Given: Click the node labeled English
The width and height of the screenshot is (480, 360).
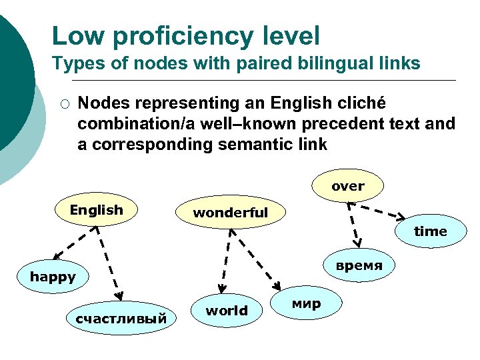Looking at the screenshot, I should tap(97, 211).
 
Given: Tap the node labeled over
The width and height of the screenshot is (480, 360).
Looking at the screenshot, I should tap(348, 187).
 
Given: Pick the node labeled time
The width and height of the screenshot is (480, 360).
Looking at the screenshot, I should tap(431, 231).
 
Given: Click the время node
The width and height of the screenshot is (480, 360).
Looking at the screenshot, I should tap(359, 265).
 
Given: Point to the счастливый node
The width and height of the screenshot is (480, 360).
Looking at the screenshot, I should tap(121, 319).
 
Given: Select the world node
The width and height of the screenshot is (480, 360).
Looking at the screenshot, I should tap(227, 311).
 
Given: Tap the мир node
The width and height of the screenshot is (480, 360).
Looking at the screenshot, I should tap(307, 304).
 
